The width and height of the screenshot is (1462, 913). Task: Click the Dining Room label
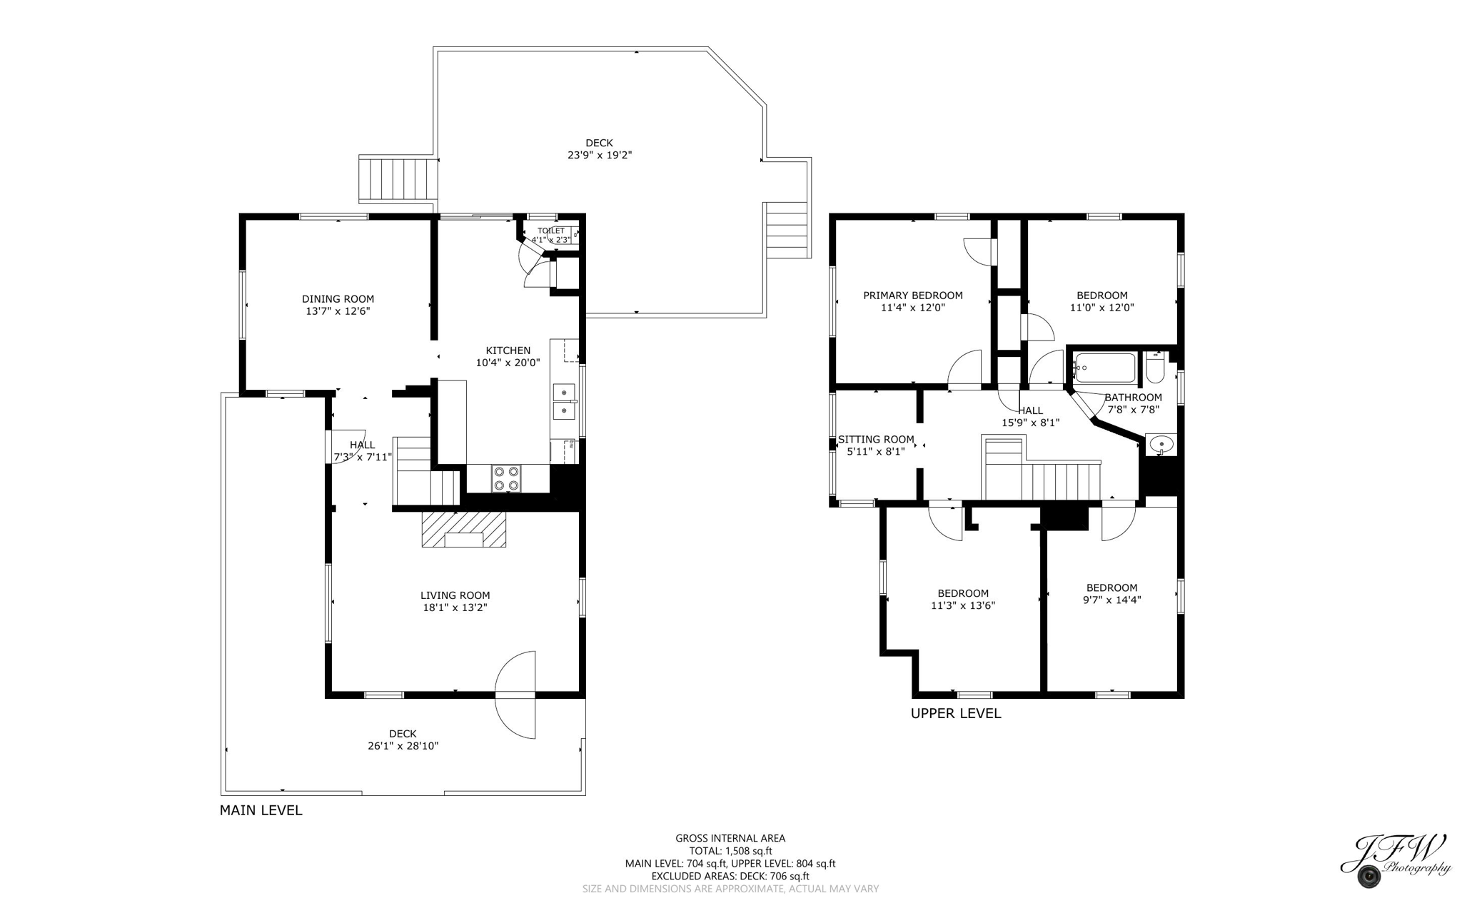[x=338, y=299]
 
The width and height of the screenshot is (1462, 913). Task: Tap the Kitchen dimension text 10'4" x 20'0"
[x=508, y=363]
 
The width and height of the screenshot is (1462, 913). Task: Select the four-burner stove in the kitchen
[x=506, y=478]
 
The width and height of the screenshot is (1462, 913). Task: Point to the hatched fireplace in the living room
[x=463, y=529]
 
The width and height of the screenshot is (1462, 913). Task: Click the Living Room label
[x=455, y=595]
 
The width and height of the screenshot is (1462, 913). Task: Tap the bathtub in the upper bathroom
[x=1104, y=368]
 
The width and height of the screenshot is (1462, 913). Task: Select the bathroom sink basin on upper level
[x=1161, y=445]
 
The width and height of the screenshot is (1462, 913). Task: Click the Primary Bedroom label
[x=912, y=296]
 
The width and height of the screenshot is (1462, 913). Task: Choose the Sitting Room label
[x=875, y=440]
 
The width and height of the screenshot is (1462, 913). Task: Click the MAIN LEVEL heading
[x=261, y=810]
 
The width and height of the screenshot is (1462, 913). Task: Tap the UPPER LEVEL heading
[x=955, y=713]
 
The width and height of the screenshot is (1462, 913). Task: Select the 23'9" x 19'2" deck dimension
[x=599, y=155]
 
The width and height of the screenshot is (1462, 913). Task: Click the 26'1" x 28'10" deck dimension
[x=403, y=746]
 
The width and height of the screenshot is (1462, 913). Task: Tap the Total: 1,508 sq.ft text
[x=730, y=851]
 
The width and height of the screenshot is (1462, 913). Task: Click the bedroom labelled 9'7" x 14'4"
[x=1111, y=588]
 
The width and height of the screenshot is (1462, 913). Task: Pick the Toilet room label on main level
[x=550, y=231]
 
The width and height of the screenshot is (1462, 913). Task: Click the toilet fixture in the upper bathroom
[x=1154, y=370]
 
